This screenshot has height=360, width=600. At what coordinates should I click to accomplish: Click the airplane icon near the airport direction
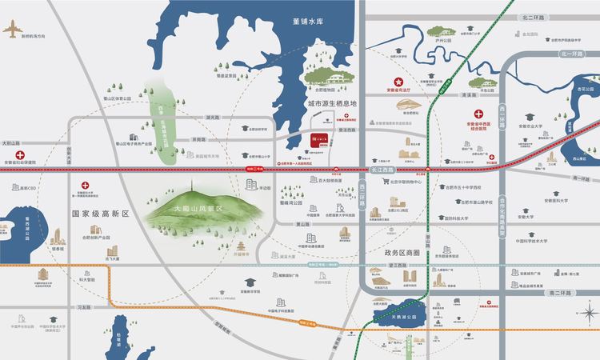click(x=14, y=28)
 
